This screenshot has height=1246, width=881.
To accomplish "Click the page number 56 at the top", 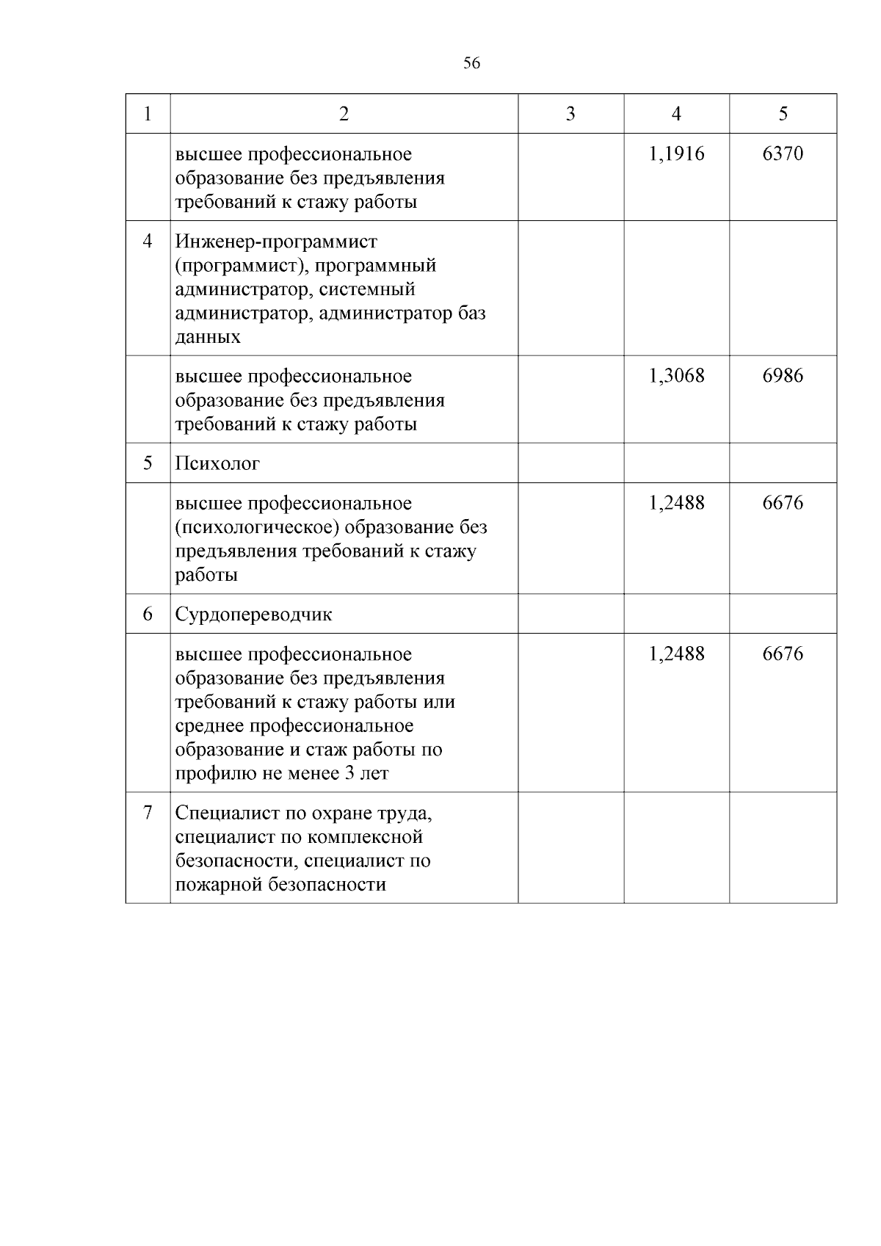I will click(x=472, y=63).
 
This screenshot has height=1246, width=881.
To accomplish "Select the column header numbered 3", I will click(x=570, y=113).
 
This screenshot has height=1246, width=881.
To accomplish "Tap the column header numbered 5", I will click(x=783, y=113).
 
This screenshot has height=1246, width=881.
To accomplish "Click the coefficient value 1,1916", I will click(x=676, y=153).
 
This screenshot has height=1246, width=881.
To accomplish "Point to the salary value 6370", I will click(x=783, y=153).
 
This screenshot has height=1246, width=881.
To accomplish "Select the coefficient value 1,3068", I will click(x=676, y=376).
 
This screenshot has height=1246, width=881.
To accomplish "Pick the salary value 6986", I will click(x=783, y=376).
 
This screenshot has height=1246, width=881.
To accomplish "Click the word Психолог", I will click(x=217, y=464).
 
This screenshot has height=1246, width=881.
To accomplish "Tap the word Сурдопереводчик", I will click(x=253, y=615).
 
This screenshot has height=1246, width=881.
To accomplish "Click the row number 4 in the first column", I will click(x=148, y=241).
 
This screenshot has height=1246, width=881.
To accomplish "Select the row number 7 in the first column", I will click(x=148, y=813).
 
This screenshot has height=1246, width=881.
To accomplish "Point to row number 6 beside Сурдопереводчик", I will click(x=148, y=614).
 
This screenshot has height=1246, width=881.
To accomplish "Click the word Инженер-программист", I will click(x=276, y=242).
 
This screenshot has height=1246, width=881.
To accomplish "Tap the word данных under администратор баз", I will click(x=208, y=337).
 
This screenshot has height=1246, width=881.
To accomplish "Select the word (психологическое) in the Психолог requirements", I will click(x=257, y=527).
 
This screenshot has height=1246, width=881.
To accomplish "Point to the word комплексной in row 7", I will click(x=364, y=837).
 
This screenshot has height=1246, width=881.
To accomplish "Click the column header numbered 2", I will click(x=344, y=113).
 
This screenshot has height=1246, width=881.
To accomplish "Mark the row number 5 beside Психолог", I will click(x=148, y=463).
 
